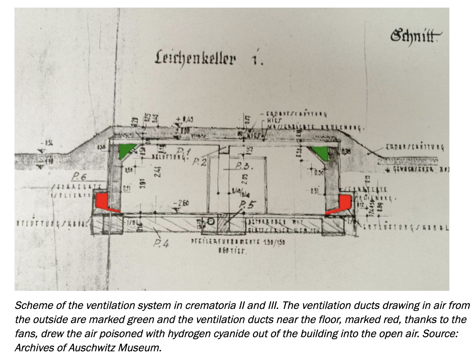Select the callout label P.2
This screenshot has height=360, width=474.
tap(200, 163)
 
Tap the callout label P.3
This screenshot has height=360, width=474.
tap(243, 166)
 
